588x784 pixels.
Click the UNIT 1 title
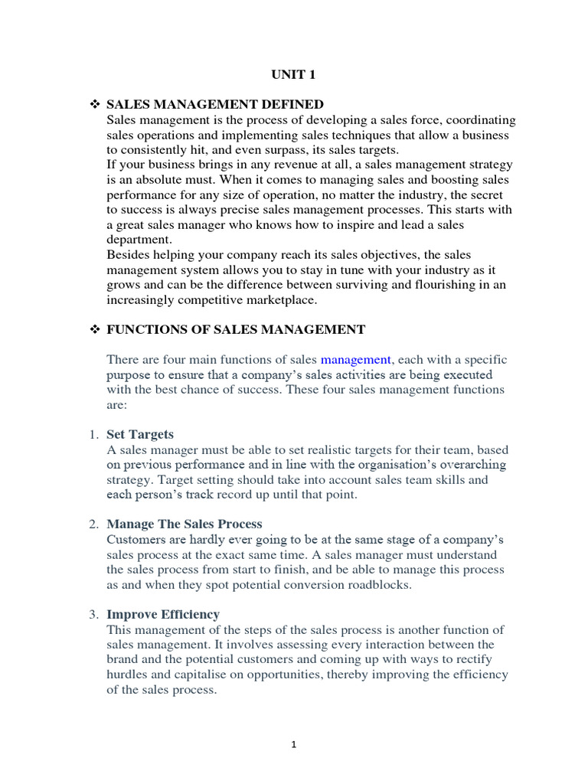click(293, 74)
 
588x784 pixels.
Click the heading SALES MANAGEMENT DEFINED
click(214, 104)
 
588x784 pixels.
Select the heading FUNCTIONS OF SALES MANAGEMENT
click(236, 329)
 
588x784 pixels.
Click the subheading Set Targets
click(140, 434)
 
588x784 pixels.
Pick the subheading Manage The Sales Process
click(184, 524)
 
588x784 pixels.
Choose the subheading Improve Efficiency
click(163, 614)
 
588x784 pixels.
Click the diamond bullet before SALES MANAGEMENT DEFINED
click(96, 104)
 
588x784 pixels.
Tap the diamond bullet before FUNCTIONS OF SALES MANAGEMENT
click(96, 329)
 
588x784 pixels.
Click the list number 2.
click(93, 524)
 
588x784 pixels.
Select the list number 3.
click(93, 614)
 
